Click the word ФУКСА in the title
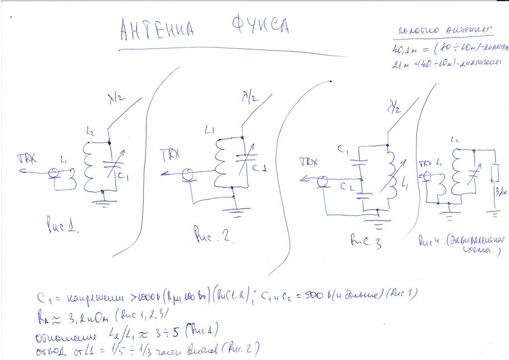coord(259,27)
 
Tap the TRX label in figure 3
coord(309,162)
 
